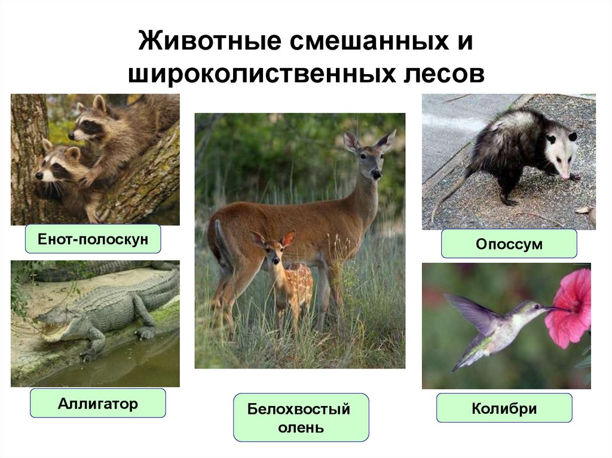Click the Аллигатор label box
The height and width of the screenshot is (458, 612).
tap(97, 404)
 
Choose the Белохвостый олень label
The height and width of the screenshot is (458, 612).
tap(301, 418)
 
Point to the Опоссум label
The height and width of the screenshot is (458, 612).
tap(509, 244)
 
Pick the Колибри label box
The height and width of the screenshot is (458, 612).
tap(504, 409)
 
